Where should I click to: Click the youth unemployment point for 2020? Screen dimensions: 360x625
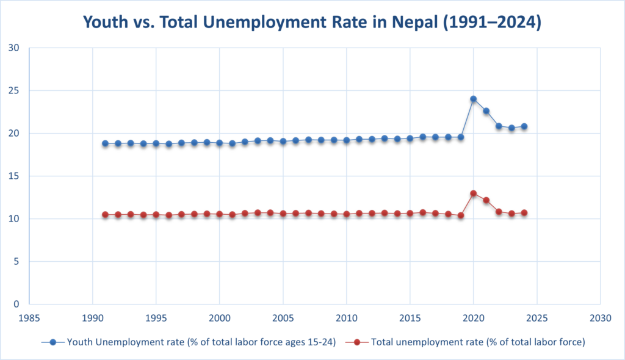pos(473,99)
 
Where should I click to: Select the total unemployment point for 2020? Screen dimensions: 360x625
pos(473,193)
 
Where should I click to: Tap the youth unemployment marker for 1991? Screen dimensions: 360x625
pos(105,143)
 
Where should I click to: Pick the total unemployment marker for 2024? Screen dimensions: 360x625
pos(524,213)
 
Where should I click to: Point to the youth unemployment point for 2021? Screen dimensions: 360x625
pos(486,111)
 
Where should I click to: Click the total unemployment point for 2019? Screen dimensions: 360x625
pos(461,215)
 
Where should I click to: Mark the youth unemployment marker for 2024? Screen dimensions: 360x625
pos(524,126)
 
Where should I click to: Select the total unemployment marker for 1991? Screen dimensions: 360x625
pos(105,215)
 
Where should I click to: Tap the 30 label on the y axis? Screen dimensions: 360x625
pos(15,48)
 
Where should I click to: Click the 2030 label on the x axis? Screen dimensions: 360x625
pos(601,318)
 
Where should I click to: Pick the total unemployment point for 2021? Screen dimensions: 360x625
pos(486,200)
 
